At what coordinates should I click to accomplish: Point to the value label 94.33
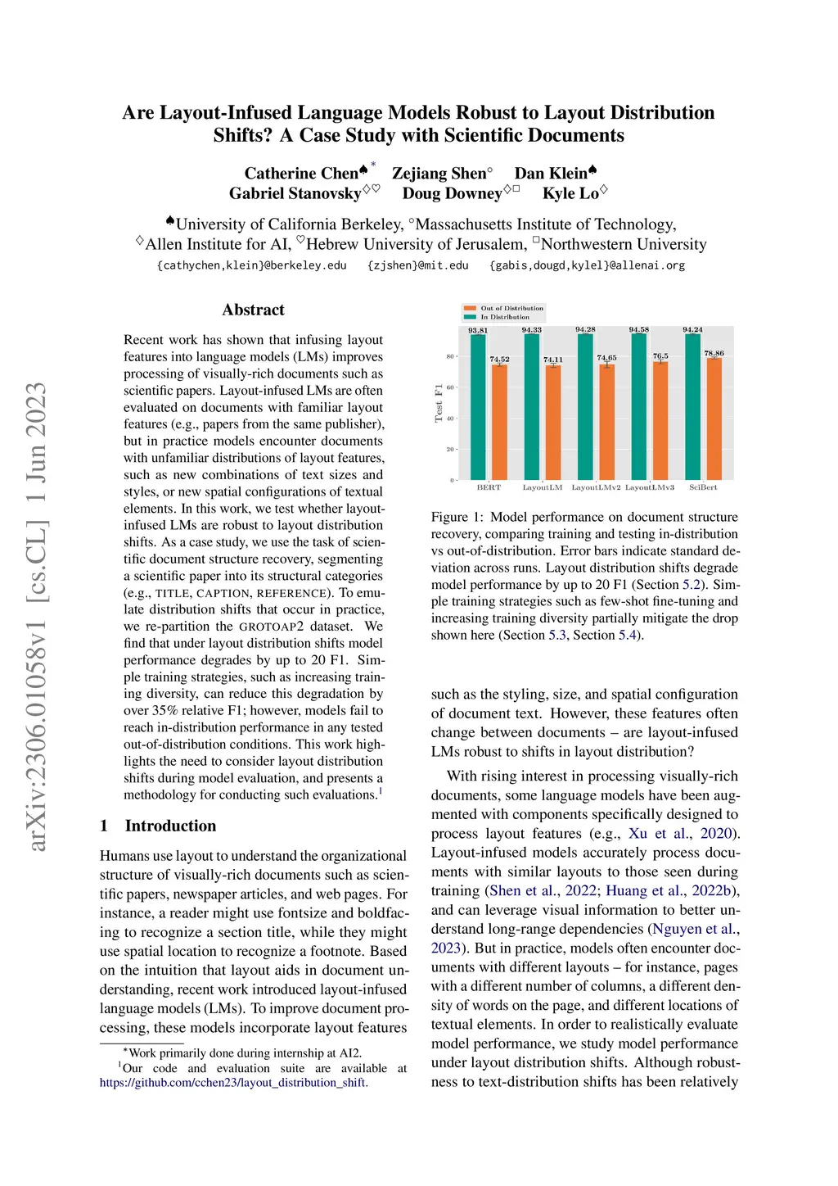tap(532, 330)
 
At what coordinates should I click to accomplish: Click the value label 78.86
tap(714, 353)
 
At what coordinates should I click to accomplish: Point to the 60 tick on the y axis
tap(450, 387)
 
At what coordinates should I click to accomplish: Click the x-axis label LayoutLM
tap(543, 487)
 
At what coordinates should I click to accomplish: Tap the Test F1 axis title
tap(439, 403)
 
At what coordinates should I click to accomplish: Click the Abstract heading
tap(253, 310)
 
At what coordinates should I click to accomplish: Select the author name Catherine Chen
tap(301, 174)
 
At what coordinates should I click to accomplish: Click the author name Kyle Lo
tap(570, 193)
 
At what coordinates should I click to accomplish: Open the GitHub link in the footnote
tap(233, 1083)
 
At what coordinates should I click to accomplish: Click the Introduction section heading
tap(170, 826)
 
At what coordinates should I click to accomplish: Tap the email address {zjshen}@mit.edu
tap(418, 265)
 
